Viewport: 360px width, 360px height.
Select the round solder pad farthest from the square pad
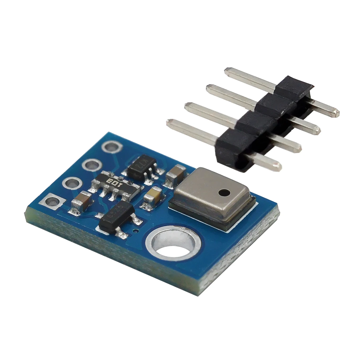tap(111, 147)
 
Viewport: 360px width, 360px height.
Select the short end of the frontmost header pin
tap(277, 165)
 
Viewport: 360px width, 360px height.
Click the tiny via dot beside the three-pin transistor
tap(136, 231)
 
